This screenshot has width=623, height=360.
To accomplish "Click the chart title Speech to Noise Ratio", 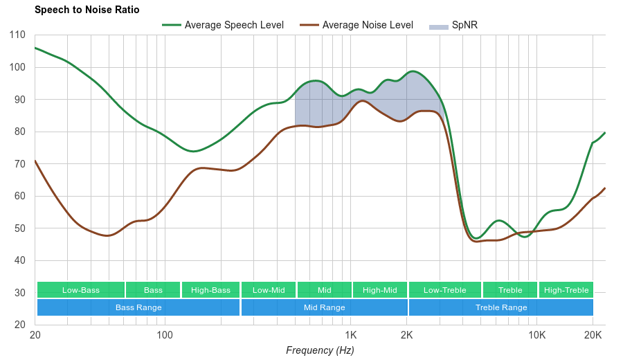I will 87,10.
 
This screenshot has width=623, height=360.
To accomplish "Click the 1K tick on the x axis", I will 350,335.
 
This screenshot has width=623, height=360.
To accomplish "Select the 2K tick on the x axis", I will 407,335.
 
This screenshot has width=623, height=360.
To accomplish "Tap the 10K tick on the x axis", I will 536,335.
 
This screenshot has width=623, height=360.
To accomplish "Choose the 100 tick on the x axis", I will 164,335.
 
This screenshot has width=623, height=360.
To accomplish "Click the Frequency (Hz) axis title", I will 320,350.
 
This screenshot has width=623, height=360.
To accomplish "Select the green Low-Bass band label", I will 81,290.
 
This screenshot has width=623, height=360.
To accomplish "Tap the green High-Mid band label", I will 380,290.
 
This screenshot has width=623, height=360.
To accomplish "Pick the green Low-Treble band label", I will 444,290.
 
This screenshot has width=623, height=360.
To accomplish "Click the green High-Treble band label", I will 566,290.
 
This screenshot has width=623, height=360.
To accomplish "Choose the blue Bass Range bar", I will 138,307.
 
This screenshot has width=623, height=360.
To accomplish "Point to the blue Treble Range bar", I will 501,307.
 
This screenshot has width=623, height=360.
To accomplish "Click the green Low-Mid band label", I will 269,290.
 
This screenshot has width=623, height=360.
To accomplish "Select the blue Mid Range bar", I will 324,307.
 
